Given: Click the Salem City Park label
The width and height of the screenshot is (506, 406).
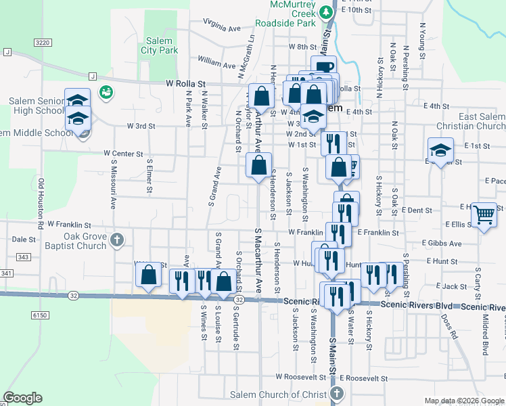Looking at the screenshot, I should (x=159, y=45).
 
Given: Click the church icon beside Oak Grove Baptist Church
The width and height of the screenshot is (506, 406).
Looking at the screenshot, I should (x=117, y=240).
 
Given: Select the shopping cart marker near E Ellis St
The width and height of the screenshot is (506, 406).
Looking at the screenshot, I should (x=484, y=215).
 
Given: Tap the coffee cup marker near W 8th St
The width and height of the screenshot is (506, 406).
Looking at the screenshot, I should (x=323, y=66).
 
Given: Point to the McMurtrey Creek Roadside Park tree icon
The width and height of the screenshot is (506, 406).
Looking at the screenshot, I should (x=326, y=12).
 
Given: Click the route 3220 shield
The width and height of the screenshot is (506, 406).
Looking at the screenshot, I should (x=43, y=43).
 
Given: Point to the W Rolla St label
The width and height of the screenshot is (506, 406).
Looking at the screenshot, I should (x=185, y=83).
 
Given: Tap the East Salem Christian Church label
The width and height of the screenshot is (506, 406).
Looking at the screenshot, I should (x=482, y=121).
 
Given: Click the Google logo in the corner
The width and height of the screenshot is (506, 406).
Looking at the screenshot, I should (x=22, y=398).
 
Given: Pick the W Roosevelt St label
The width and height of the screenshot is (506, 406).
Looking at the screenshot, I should (x=300, y=376).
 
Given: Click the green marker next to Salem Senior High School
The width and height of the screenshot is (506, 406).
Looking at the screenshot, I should (x=106, y=92).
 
